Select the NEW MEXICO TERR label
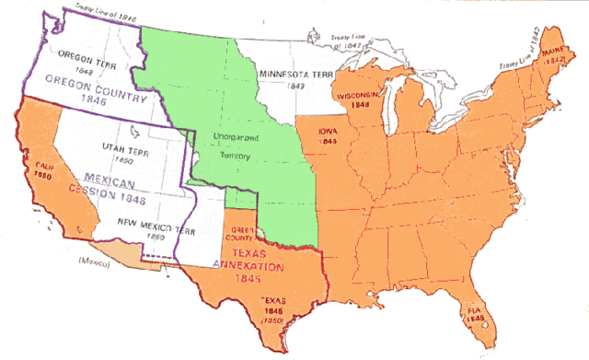(156, 224)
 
